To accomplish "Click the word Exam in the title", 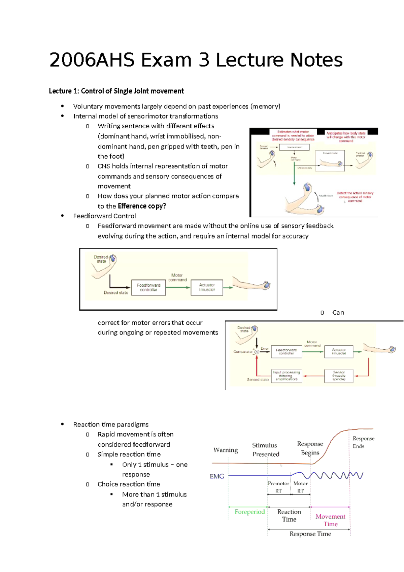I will point(166,60).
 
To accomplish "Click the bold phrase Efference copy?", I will point(142,206).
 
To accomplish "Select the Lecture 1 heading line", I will point(116,91).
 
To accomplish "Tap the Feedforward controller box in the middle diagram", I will point(148,287).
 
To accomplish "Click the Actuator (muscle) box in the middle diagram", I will point(207,287).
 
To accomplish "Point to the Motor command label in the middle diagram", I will point(177,277).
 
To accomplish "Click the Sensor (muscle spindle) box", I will point(339,376).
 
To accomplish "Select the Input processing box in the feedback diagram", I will point(286,376).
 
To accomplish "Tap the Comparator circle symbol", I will point(257,352).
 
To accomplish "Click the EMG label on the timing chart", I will point(217,476).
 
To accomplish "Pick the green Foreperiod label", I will point(249,512).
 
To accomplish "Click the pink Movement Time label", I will point(330,520).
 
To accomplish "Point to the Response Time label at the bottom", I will point(310,534).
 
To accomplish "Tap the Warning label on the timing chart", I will point(226,450).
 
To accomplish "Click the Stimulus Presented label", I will point(266,450).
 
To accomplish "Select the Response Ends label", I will point(363,442).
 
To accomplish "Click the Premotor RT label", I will point(278,487).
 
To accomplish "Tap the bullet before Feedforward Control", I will point(62,216).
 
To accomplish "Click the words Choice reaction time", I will point(129,484).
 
